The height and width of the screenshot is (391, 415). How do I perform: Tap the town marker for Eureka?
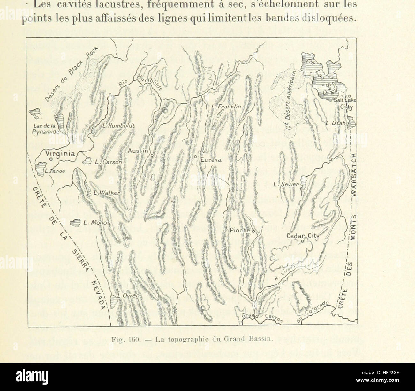click(195, 157)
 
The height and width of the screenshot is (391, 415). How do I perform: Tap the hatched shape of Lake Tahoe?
click(40, 168)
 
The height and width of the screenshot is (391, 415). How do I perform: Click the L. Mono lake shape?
click(75, 223)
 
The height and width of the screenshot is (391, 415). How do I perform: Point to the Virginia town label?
click(61, 154)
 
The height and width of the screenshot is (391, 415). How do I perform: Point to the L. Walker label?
click(107, 193)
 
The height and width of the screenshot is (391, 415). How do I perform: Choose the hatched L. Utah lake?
click(350, 122)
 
